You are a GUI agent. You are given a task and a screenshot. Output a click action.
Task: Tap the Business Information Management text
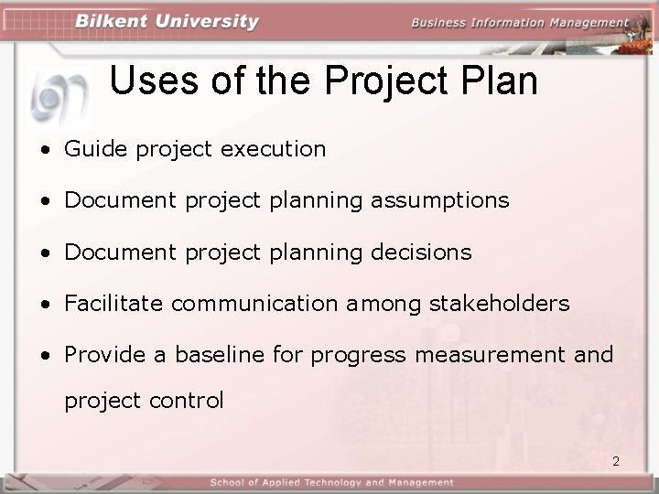[x=520, y=23]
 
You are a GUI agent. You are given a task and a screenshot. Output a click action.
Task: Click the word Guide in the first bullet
[x=96, y=149]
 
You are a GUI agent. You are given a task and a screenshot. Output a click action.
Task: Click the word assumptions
[x=439, y=200]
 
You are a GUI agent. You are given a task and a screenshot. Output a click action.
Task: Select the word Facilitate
[x=113, y=303]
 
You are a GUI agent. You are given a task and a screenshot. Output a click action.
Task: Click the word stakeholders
[x=499, y=303]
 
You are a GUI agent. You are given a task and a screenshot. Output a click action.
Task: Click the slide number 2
[x=616, y=461]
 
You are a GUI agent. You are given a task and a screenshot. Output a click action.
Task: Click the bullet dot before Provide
[x=45, y=355]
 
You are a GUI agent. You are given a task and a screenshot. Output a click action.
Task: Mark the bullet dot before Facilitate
[x=45, y=304]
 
